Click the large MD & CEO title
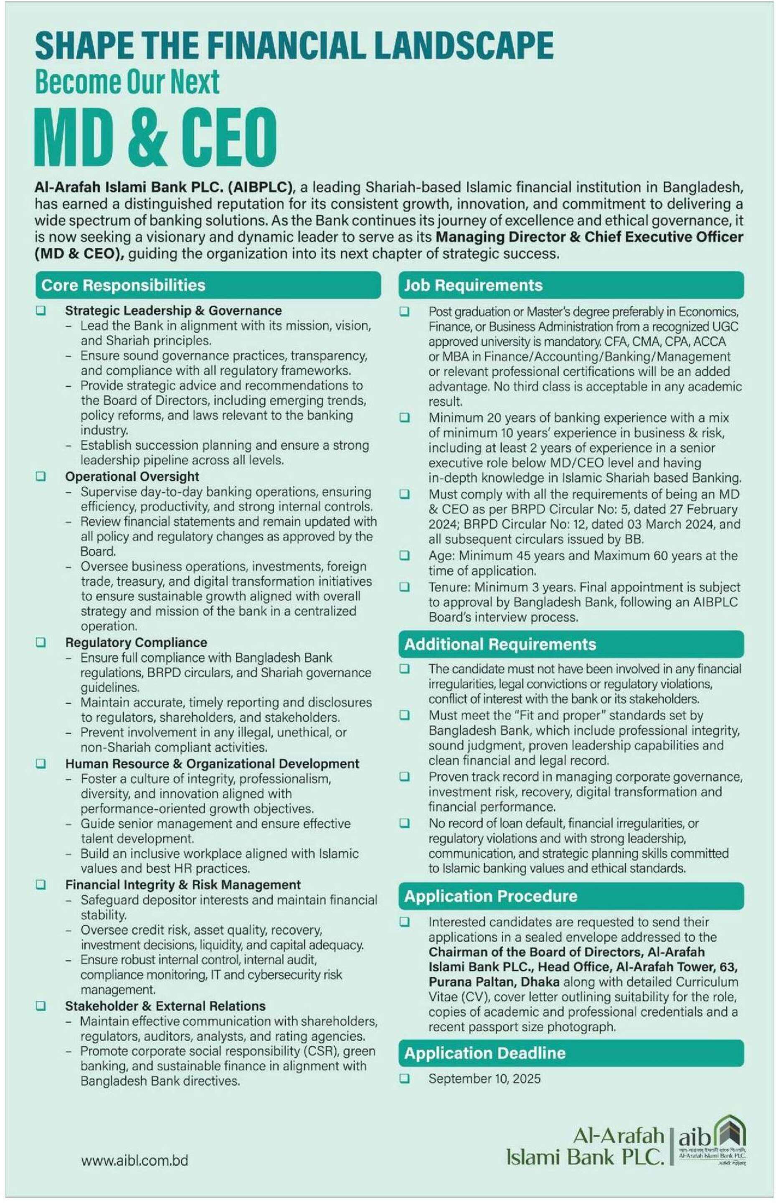click(x=156, y=137)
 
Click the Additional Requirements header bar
click(x=571, y=645)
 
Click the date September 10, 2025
click(x=484, y=1079)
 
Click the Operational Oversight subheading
click(x=132, y=477)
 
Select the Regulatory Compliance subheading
click(x=136, y=642)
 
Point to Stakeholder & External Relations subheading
click(x=165, y=1006)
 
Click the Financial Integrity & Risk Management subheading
click(x=183, y=885)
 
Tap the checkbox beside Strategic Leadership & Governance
click(x=41, y=311)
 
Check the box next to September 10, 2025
click(x=405, y=1079)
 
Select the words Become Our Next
click(x=127, y=82)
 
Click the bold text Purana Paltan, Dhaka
click(x=494, y=982)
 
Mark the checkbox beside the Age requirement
click(x=405, y=556)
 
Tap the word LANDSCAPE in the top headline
click(x=464, y=46)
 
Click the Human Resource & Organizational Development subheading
click(x=212, y=764)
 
